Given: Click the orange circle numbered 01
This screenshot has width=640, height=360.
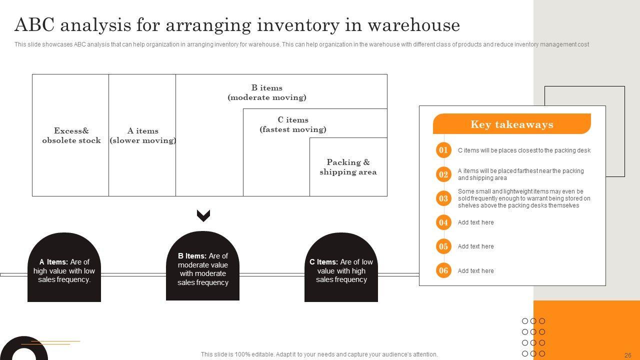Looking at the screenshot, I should [443, 150].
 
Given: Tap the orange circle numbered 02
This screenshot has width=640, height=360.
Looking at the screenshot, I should [443, 174].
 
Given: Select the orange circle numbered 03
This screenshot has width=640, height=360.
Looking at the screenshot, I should [443, 198].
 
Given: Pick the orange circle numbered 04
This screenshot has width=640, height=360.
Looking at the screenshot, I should [443, 222].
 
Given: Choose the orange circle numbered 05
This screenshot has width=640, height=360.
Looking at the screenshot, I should [443, 246].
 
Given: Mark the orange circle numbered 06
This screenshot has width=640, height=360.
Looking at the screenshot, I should [443, 271].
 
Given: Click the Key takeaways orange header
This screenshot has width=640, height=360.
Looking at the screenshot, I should [511, 124].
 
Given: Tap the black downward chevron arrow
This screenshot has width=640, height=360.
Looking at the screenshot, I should [203, 215].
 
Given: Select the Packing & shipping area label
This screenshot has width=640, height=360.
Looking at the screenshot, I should [348, 167].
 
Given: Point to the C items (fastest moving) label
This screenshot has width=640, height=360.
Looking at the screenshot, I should [293, 124].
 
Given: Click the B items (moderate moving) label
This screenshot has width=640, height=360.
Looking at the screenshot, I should [267, 92].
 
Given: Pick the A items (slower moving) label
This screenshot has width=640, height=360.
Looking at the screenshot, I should [142, 135].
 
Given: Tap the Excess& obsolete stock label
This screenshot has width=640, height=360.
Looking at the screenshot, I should [71, 135].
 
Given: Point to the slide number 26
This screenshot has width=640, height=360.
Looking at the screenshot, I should [628, 355].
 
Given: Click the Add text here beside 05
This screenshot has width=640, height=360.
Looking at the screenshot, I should [475, 246].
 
